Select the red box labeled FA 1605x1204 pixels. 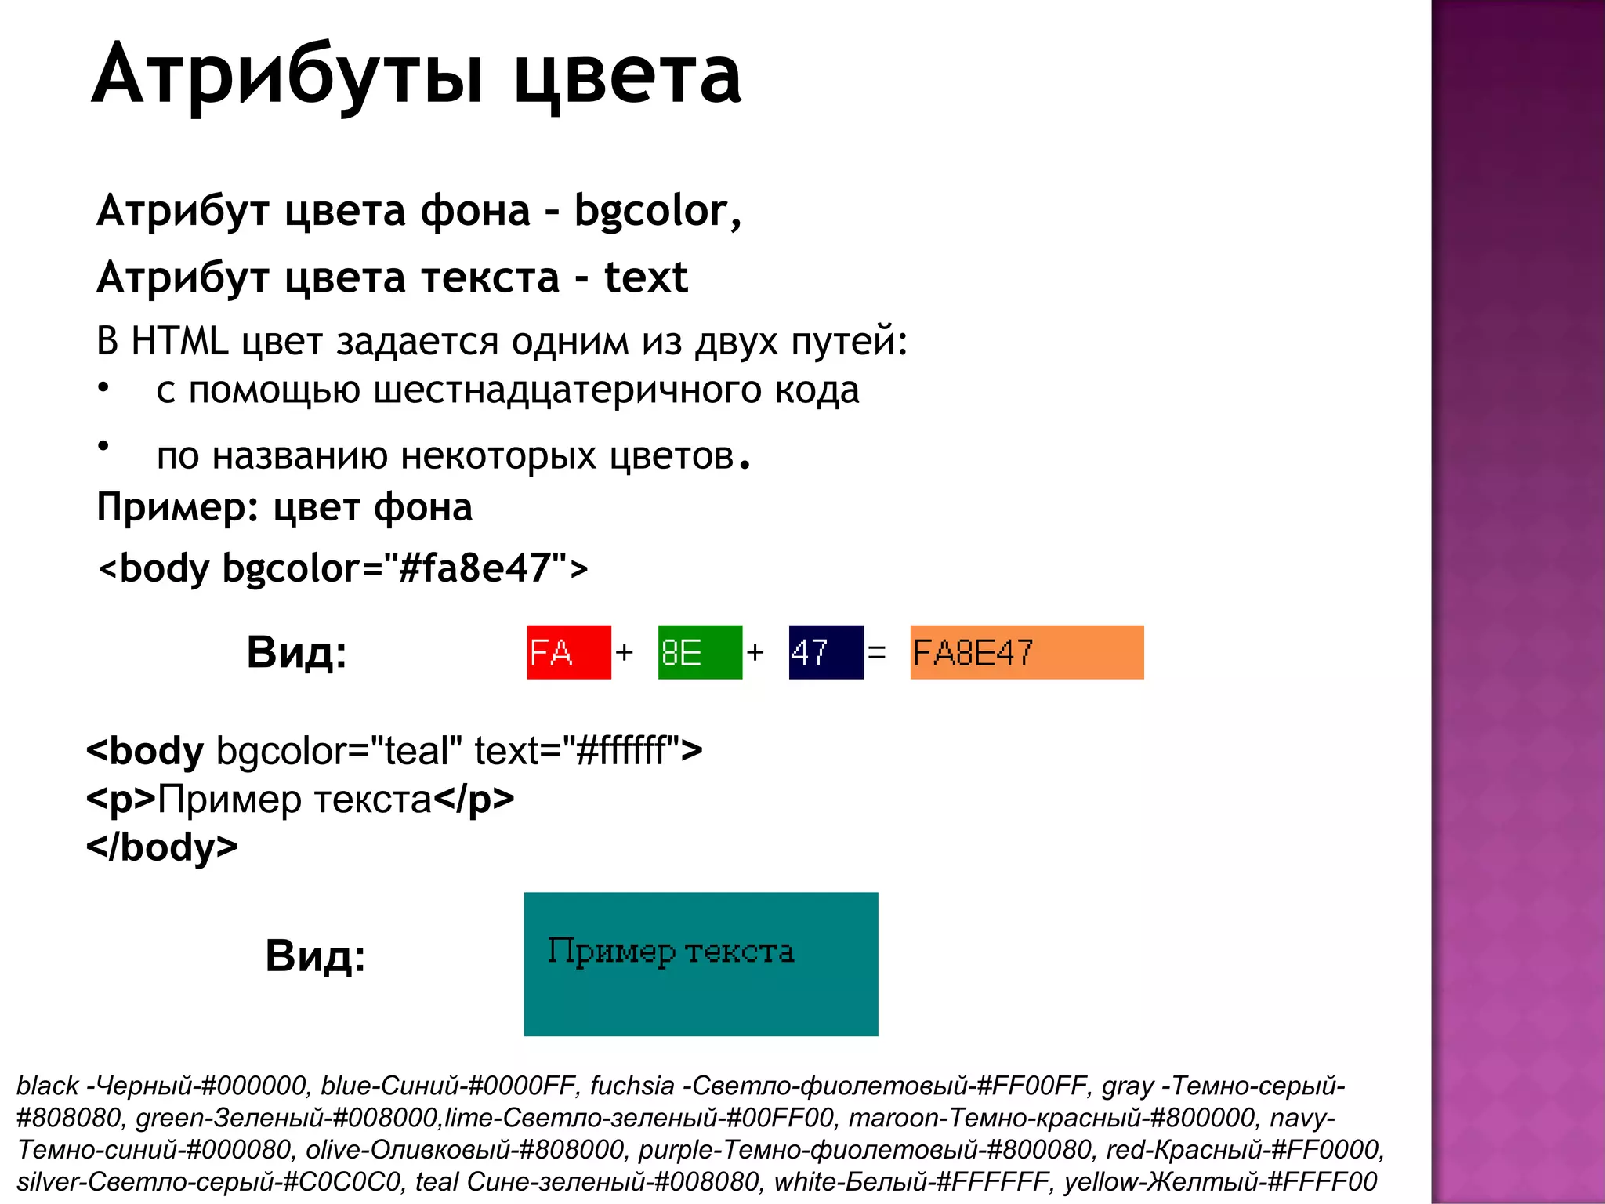(x=568, y=652)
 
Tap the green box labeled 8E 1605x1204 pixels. (x=699, y=652)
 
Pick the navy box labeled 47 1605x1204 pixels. (x=825, y=652)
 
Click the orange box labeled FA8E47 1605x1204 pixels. (x=1026, y=652)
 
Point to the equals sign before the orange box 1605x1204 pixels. (x=877, y=652)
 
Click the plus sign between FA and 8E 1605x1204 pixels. (x=624, y=652)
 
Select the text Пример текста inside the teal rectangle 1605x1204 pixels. (x=670, y=952)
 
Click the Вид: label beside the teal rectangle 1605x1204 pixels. (x=315, y=956)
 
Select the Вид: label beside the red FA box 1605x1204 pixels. (x=296, y=652)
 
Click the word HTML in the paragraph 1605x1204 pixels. (x=179, y=341)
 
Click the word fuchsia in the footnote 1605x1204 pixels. (x=632, y=1086)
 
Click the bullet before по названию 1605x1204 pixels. (x=103, y=446)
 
